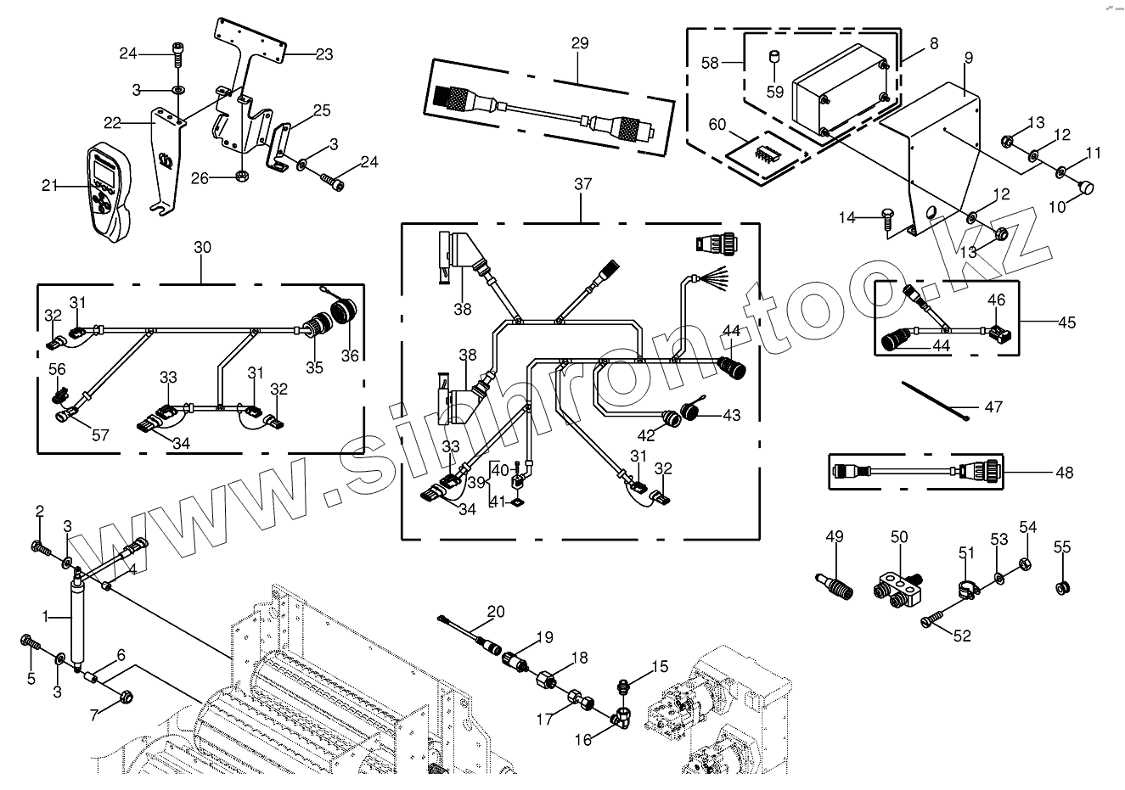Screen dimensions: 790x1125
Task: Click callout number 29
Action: point(579,43)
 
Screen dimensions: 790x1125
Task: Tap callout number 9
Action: point(969,58)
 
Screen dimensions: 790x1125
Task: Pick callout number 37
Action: point(582,185)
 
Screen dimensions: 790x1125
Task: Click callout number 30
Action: point(202,248)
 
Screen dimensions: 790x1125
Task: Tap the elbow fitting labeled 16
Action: point(622,712)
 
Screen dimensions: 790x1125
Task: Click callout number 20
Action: point(496,611)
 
